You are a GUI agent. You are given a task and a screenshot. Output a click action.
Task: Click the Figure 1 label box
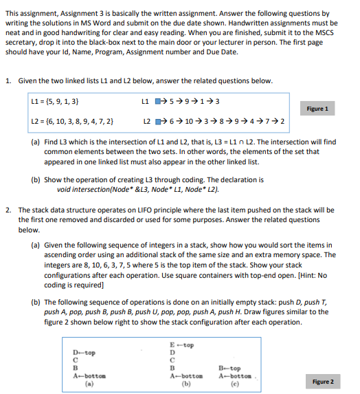[317, 109]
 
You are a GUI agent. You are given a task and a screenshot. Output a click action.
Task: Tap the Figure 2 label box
[322, 381]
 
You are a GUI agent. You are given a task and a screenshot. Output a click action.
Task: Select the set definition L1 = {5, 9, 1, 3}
[54, 102]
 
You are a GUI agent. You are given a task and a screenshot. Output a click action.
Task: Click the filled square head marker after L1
[157, 102]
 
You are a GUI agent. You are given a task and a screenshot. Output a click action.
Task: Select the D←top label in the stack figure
[84, 352]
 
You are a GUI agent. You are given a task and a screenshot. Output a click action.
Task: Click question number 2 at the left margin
[7, 210]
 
